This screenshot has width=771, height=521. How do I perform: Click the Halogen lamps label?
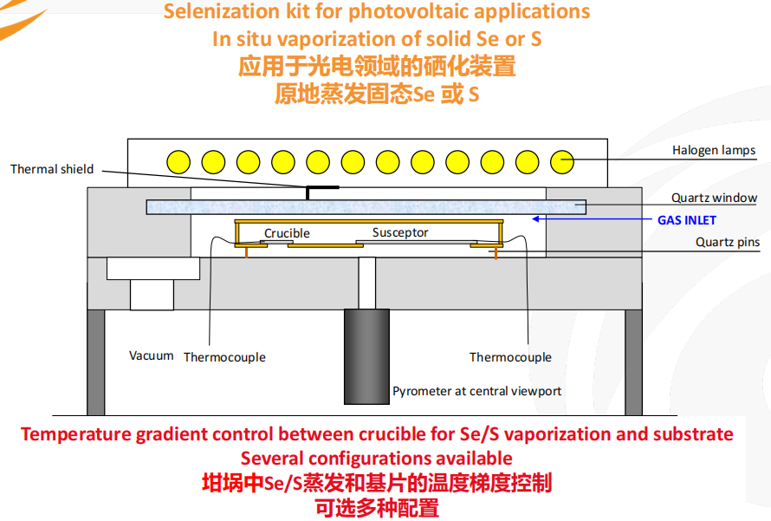click(713, 150)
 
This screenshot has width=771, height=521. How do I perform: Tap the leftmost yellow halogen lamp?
click(179, 161)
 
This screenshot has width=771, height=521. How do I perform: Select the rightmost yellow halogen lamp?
click(563, 161)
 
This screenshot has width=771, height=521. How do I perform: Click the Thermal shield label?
click(52, 169)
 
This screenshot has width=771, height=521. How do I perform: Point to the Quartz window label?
click(714, 199)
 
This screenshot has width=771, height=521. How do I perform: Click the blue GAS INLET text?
click(686, 220)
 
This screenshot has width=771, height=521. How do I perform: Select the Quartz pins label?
click(728, 243)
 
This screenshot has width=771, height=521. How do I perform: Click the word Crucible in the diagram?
click(287, 233)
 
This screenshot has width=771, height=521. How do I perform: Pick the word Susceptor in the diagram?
click(400, 232)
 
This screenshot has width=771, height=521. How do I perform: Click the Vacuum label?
click(152, 355)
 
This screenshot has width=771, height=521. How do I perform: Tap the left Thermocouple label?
click(224, 357)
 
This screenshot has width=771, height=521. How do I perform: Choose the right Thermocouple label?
click(510, 357)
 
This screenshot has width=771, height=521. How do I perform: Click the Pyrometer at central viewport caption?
click(476, 391)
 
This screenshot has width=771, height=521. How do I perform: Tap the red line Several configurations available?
click(376, 458)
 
